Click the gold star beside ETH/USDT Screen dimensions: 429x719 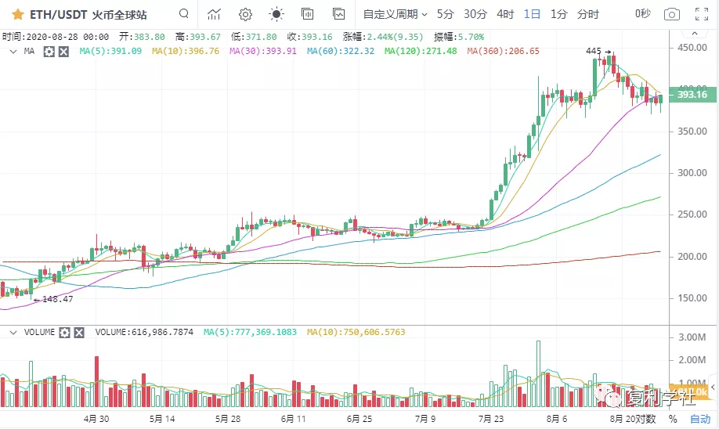(16, 14)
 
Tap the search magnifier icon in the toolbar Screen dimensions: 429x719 (183, 14)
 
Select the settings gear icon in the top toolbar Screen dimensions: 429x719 (245, 14)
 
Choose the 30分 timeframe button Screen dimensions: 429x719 (475, 14)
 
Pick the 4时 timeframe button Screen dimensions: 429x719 (505, 14)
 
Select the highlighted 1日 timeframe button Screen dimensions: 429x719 (533, 14)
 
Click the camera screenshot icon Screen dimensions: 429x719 (671, 14)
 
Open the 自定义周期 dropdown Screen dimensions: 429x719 (395, 14)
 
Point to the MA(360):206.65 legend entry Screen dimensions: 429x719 (503, 51)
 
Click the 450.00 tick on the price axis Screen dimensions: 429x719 (692, 48)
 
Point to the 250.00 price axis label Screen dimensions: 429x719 (692, 214)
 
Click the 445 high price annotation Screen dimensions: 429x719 (593, 51)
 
